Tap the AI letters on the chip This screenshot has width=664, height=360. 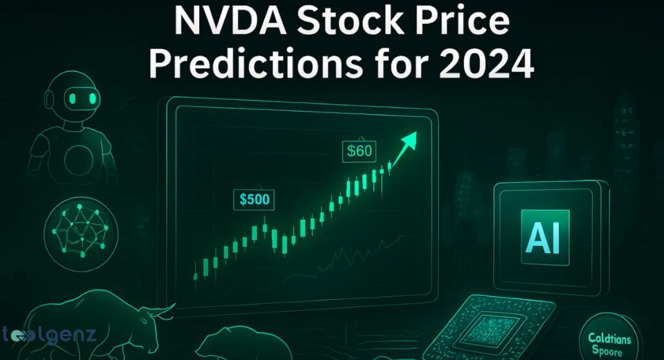point(545,232)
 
